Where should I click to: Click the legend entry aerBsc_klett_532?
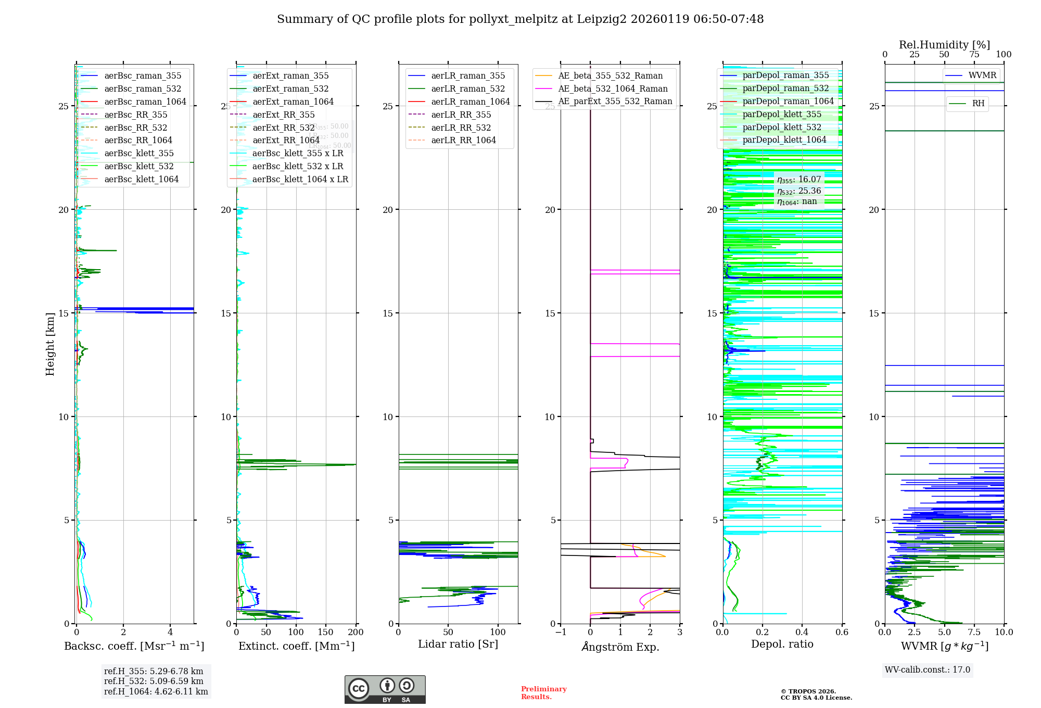point(138,167)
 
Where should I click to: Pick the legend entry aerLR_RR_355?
point(461,115)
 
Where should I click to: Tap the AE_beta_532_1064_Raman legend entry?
point(613,88)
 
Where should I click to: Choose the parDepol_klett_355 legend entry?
point(782,114)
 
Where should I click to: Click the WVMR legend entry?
point(982,75)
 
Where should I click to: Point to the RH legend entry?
point(978,104)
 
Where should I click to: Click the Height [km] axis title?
point(50,344)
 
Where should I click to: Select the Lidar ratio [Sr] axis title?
point(458,644)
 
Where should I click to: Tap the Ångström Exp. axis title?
point(620,647)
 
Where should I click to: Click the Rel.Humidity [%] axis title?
point(944,45)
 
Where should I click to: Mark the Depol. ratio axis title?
point(782,644)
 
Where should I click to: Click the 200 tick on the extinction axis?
point(356,633)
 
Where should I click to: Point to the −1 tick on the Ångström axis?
point(561,633)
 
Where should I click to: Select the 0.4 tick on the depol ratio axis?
point(802,633)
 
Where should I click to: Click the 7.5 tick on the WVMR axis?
point(974,633)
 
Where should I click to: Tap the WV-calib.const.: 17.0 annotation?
point(928,670)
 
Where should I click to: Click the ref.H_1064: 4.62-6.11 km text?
point(156,692)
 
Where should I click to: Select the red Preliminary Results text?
point(543,693)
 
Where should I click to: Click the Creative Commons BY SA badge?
point(385,690)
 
